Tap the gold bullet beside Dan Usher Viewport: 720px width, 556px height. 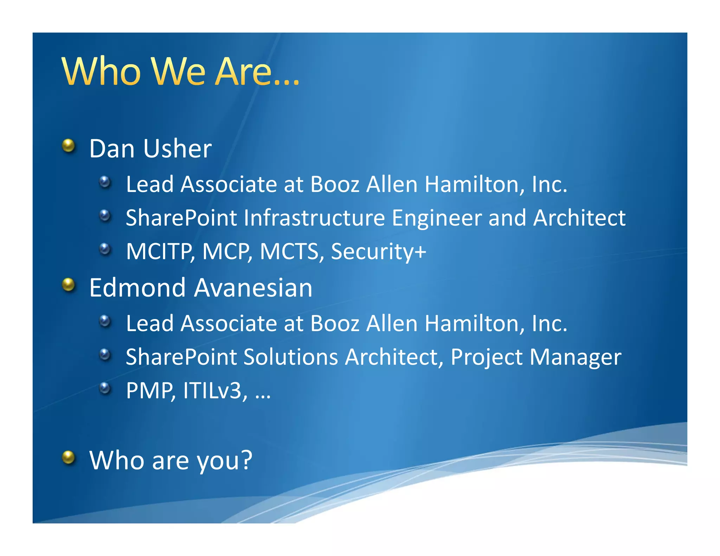coord(69,145)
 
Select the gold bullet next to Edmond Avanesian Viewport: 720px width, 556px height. coord(69,285)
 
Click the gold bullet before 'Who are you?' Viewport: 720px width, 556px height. coord(69,457)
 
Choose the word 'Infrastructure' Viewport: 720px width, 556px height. coord(314,218)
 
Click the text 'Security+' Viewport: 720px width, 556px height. coord(378,252)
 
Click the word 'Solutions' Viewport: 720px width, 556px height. coord(291,357)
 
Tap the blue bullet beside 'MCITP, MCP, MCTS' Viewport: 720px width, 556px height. coord(105,249)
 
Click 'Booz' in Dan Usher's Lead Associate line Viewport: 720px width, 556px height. coord(335,185)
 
